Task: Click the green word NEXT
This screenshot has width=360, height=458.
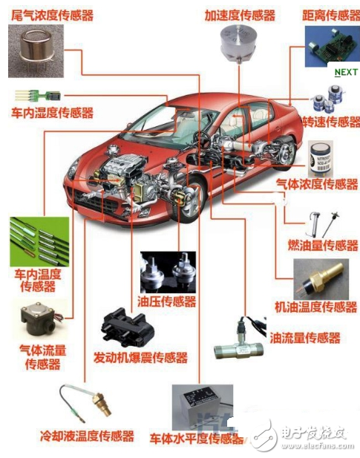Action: pyautogui.click(x=346, y=72)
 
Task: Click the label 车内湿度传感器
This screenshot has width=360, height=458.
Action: pyautogui.click(x=53, y=113)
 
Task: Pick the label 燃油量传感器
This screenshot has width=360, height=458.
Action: pyautogui.click(x=323, y=245)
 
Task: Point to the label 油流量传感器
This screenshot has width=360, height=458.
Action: pyautogui.click(x=305, y=338)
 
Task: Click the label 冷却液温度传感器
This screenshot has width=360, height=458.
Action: pyautogui.click(x=87, y=436)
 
